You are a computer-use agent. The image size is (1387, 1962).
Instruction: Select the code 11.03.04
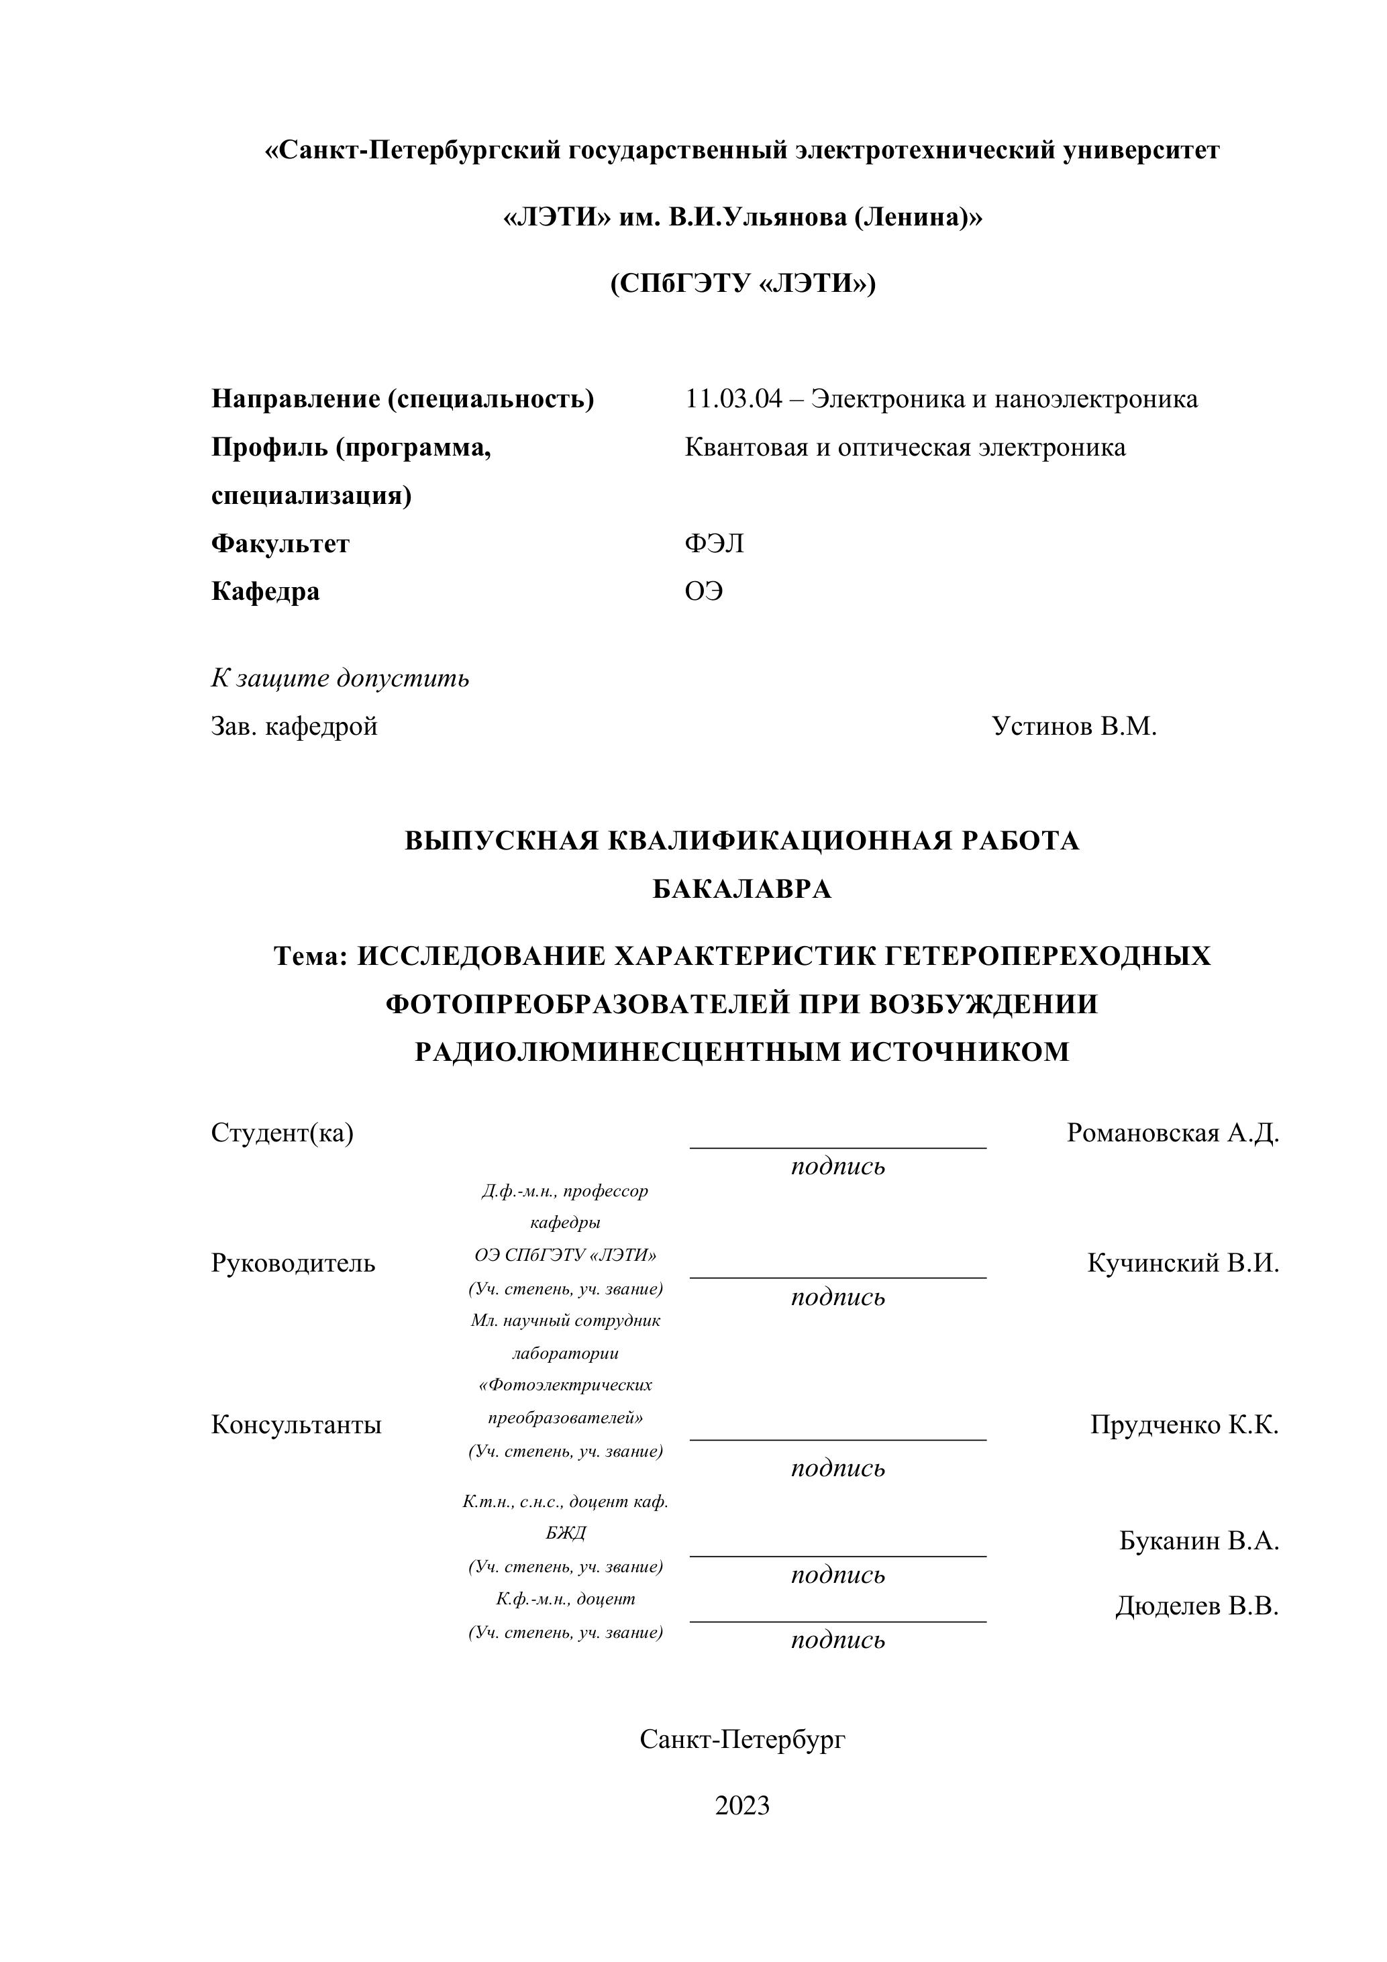(733, 399)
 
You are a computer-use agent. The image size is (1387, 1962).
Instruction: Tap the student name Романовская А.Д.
(1172, 1133)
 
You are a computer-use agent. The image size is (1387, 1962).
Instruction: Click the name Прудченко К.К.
(1184, 1425)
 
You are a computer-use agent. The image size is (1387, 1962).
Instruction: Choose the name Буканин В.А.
(1198, 1541)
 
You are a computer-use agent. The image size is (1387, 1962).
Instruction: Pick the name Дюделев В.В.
(1196, 1606)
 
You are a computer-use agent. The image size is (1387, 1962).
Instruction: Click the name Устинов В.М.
(1074, 726)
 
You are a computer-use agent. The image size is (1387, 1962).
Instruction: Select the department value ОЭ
(703, 591)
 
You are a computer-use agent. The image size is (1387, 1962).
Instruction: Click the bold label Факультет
(280, 544)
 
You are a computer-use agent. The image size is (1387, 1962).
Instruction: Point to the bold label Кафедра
(265, 591)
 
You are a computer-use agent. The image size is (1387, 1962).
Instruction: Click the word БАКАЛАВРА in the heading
(741, 890)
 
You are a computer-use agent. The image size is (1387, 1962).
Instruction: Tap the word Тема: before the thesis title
(309, 956)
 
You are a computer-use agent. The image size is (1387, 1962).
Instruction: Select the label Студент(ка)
(282, 1133)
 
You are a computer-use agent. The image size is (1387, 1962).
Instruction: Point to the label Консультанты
(296, 1425)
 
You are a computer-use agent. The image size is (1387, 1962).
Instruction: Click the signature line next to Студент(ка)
(837, 1146)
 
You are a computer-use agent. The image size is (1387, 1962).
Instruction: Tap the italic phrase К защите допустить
(340, 678)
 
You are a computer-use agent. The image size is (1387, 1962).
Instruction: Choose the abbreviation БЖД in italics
(566, 1533)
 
